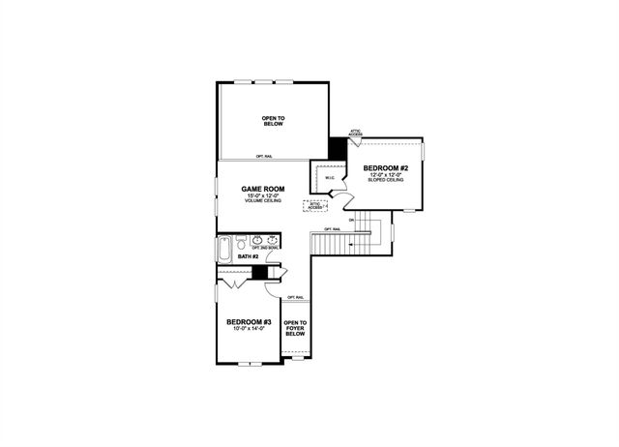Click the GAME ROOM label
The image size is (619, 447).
pos(263,191)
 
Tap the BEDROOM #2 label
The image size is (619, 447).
pos(386,168)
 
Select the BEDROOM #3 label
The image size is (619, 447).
pos(249,321)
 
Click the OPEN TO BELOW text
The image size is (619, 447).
pos(272,121)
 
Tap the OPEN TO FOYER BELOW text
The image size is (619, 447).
pos(295,328)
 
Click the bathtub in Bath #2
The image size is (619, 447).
pos(225,249)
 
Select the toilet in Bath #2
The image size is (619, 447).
pos(240,241)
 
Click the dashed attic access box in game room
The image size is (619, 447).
pos(315,205)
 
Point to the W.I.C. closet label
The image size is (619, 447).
pos(329,178)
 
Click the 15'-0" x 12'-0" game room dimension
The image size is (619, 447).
pos(263,197)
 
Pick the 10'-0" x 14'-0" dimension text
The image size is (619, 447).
pos(249,329)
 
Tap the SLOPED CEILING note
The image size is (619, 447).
pos(386,181)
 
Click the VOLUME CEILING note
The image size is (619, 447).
pos(263,202)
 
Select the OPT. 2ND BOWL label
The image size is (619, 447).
pos(265,248)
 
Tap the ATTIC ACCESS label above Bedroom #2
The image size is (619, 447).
pos(356,134)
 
